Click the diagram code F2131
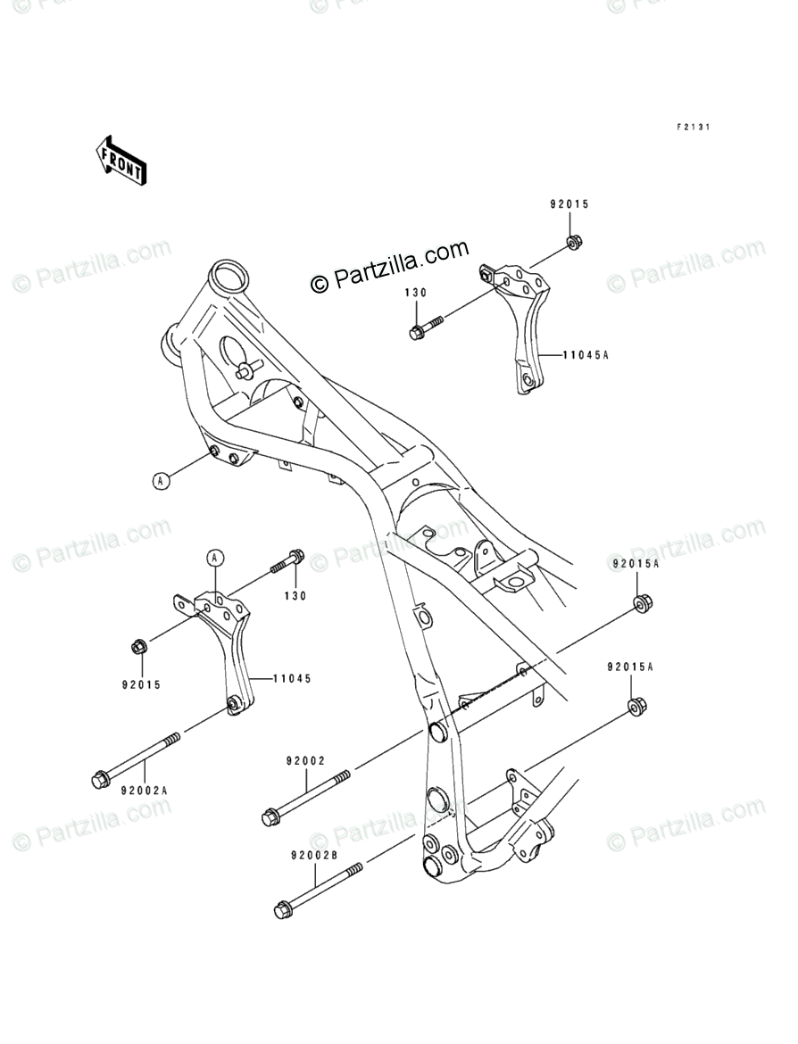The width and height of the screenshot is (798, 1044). click(692, 128)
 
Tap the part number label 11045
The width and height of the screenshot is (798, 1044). click(291, 678)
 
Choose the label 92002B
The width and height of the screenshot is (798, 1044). click(312, 856)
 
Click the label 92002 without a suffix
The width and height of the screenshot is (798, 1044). click(305, 761)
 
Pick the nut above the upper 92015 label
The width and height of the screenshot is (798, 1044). click(573, 240)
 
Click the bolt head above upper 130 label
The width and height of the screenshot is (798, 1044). click(417, 333)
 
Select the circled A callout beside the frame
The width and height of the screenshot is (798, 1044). click(161, 481)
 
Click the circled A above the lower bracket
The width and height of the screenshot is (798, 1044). click(215, 559)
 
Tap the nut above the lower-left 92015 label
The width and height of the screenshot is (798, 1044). click(138, 646)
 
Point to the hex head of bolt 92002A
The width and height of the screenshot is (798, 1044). click(99, 781)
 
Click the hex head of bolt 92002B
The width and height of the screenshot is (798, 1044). click(282, 911)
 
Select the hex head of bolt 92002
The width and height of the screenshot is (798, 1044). click(270, 816)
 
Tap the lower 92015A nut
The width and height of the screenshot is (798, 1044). click(637, 707)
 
